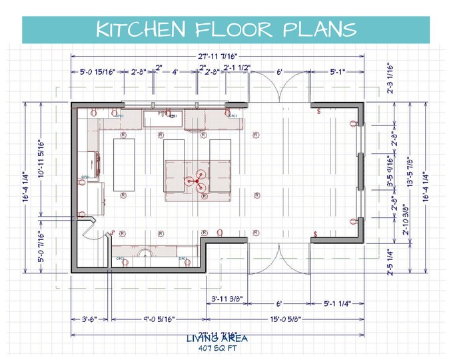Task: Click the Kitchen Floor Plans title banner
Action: [226, 30]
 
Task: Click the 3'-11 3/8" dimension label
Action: [226, 298]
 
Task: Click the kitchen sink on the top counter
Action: [162, 119]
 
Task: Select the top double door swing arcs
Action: [278, 86]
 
